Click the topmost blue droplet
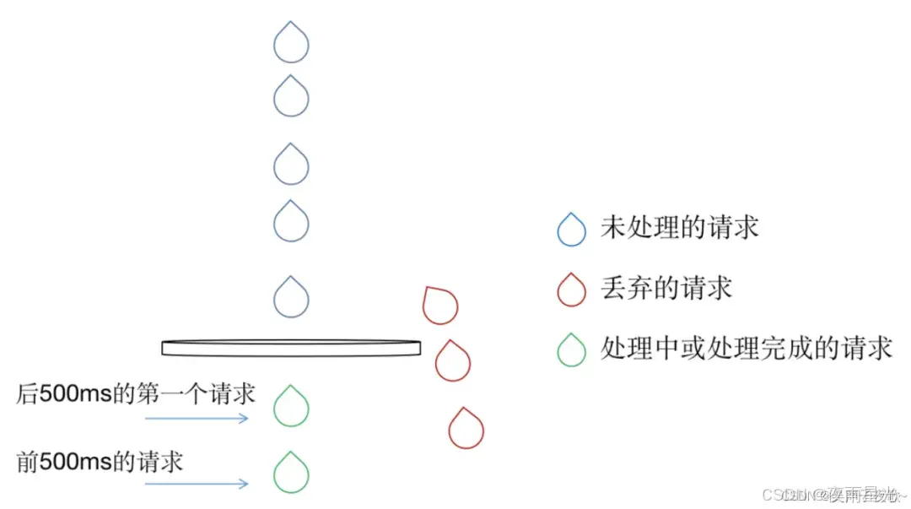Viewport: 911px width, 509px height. point(291,43)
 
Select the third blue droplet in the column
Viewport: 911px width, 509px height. point(291,165)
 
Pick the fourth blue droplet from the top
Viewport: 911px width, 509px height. point(291,221)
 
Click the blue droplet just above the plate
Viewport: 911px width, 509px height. point(291,298)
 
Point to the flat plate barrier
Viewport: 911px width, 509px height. point(291,347)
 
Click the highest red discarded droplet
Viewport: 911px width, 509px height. point(440,306)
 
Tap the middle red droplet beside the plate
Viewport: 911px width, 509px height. point(453,361)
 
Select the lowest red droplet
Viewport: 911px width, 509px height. point(466,429)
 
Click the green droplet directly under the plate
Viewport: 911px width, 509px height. point(291,407)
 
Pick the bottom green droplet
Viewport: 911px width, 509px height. point(291,474)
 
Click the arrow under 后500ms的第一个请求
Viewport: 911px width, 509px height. point(197,418)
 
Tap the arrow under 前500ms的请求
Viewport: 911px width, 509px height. point(197,484)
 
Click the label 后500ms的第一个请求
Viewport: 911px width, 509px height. point(136,393)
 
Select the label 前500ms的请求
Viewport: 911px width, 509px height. point(100,462)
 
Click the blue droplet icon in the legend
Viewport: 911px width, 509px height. point(572,229)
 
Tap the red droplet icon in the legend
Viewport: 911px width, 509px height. point(572,290)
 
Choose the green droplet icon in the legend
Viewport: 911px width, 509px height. point(572,349)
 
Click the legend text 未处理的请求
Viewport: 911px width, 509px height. point(679,227)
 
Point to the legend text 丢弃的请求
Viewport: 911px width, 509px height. point(666,288)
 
